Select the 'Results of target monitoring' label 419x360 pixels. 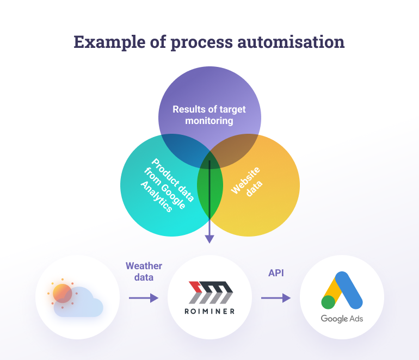[x=209, y=115]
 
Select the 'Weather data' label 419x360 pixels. [x=144, y=271]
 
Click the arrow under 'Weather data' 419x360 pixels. [x=143, y=298]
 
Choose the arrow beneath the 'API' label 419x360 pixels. [x=276, y=298]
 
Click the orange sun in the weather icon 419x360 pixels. [x=63, y=293]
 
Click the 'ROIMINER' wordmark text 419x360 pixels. [x=209, y=311]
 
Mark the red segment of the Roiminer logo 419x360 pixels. [x=195, y=287]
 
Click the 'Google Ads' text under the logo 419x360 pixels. [x=342, y=319]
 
